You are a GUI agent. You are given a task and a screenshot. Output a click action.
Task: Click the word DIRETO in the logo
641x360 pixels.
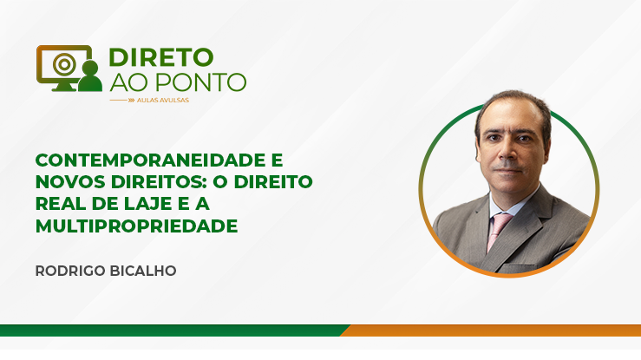(x=161, y=57)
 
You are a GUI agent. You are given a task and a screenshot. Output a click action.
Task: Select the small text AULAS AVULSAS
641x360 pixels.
(x=163, y=100)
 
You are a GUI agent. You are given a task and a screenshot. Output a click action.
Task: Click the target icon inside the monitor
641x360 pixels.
(x=64, y=63)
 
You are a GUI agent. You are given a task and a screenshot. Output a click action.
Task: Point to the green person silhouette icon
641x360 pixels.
(x=90, y=76)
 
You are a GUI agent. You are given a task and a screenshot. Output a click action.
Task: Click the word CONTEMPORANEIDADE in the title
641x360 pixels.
(x=159, y=160)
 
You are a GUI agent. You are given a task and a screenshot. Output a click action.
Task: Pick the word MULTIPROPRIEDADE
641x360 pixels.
(x=136, y=226)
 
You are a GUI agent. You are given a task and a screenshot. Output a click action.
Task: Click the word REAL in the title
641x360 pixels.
(x=61, y=204)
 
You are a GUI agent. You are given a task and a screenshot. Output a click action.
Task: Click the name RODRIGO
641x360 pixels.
(x=69, y=271)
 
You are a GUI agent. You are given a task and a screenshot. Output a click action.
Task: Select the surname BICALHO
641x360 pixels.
(x=141, y=271)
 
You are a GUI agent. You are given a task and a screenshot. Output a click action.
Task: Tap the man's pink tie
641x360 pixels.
(x=499, y=231)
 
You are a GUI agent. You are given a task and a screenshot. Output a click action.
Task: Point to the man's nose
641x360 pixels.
(x=507, y=152)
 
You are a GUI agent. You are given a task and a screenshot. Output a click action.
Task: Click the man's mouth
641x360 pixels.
(x=507, y=169)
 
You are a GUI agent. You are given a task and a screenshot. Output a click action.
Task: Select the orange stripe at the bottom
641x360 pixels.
(x=491, y=331)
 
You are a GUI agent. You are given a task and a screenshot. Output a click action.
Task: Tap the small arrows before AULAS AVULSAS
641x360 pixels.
(x=131, y=100)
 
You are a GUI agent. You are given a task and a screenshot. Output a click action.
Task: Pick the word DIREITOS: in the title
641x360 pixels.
(x=157, y=182)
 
